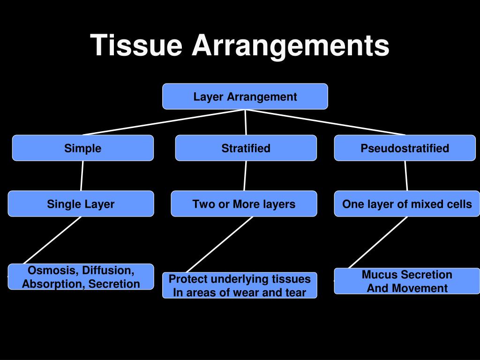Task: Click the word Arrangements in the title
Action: click(x=291, y=46)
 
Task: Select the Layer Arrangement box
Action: click(x=245, y=97)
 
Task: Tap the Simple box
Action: click(x=83, y=148)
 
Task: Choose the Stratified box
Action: click(x=246, y=148)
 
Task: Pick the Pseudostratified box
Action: click(x=405, y=148)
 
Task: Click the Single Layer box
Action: click(x=81, y=203)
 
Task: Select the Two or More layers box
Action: click(x=244, y=203)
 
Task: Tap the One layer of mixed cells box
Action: click(x=407, y=203)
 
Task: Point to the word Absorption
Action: click(x=53, y=284)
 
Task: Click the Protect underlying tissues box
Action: click(x=240, y=285)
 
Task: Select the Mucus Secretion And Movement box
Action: click(x=407, y=281)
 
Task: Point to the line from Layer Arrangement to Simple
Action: click(x=164, y=122)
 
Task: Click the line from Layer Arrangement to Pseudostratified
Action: click(x=325, y=122)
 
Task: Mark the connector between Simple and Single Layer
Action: click(x=82, y=176)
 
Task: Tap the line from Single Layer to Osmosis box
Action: click(x=52, y=240)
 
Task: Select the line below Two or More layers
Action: click(x=219, y=244)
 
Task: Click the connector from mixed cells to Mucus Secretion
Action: click(x=378, y=242)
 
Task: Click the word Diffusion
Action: click(x=108, y=270)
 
